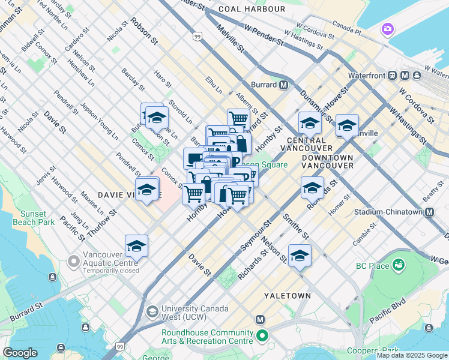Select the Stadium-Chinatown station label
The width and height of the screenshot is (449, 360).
(392, 212)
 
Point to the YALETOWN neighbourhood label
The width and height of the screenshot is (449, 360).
(288, 296)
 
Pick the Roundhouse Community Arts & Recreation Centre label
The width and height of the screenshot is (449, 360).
(207, 337)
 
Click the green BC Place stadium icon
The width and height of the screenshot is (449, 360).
(397, 265)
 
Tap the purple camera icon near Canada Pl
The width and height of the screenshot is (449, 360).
(388, 29)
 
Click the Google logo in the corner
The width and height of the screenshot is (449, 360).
(20, 353)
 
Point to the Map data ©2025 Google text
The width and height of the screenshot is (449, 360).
(411, 355)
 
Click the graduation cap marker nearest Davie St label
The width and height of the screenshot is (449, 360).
(136, 247)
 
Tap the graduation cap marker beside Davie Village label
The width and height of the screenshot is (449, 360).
(146, 190)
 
